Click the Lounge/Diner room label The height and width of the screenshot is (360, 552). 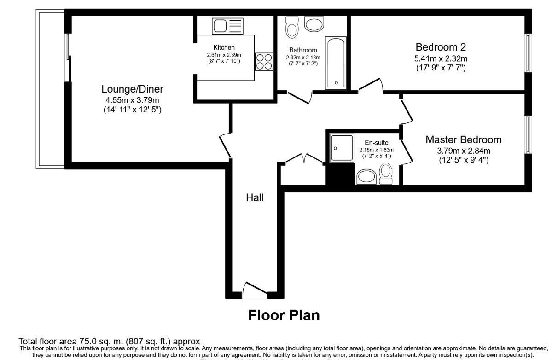(x=133, y=89)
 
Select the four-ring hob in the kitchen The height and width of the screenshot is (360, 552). (x=264, y=62)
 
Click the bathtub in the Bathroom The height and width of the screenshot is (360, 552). (x=336, y=64)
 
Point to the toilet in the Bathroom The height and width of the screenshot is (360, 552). (x=292, y=28)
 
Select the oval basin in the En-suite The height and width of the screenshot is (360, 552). (x=366, y=176)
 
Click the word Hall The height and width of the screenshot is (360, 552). (x=255, y=197)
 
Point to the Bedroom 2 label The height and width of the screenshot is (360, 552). (x=441, y=47)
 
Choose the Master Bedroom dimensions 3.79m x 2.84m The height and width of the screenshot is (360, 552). (x=463, y=151)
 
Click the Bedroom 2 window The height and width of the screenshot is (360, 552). (x=528, y=52)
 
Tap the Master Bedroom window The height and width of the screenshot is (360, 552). (x=528, y=135)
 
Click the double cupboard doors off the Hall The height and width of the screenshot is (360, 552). (x=303, y=159)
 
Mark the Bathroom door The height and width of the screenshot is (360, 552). (x=300, y=97)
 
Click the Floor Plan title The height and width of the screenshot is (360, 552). (x=284, y=315)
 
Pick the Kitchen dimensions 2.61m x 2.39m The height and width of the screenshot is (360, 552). (x=224, y=55)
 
